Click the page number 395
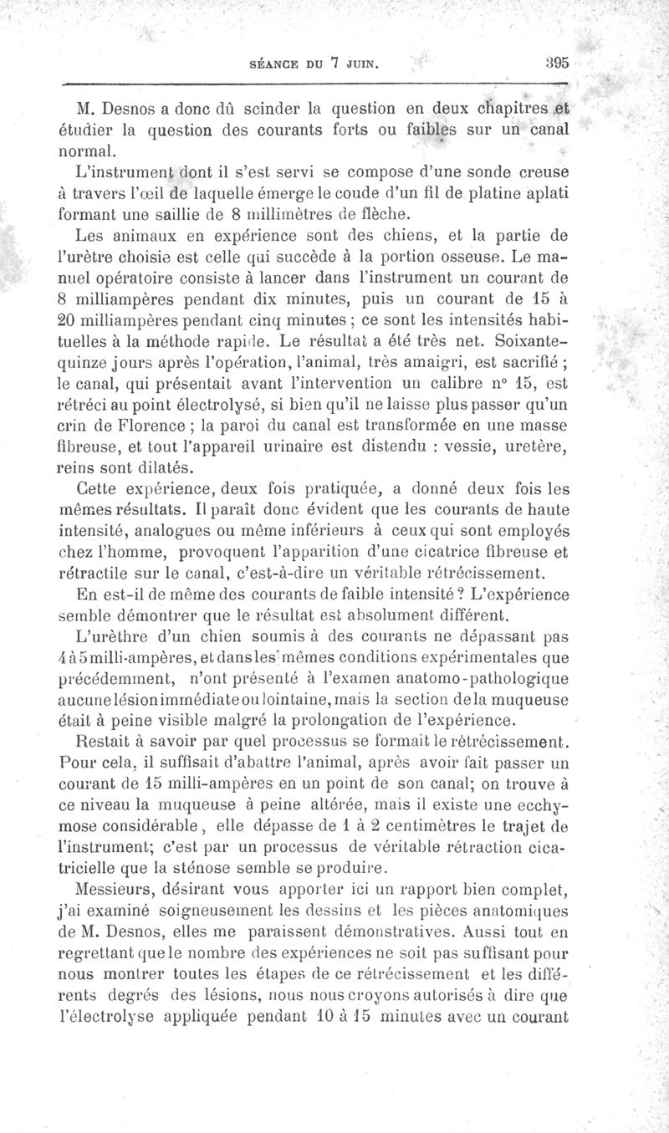tap(555, 61)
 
